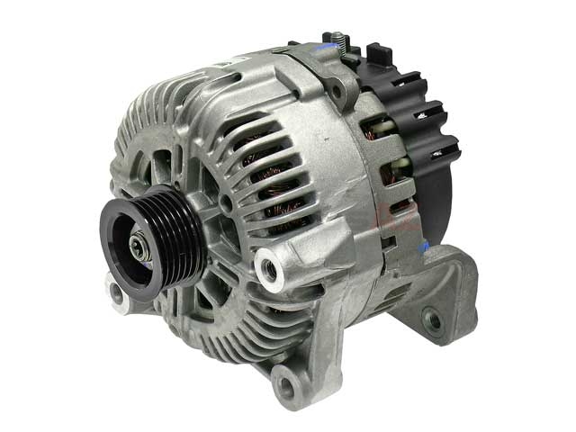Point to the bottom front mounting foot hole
point(286,386)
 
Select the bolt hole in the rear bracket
point(435,318)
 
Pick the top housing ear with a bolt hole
point(337,89)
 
